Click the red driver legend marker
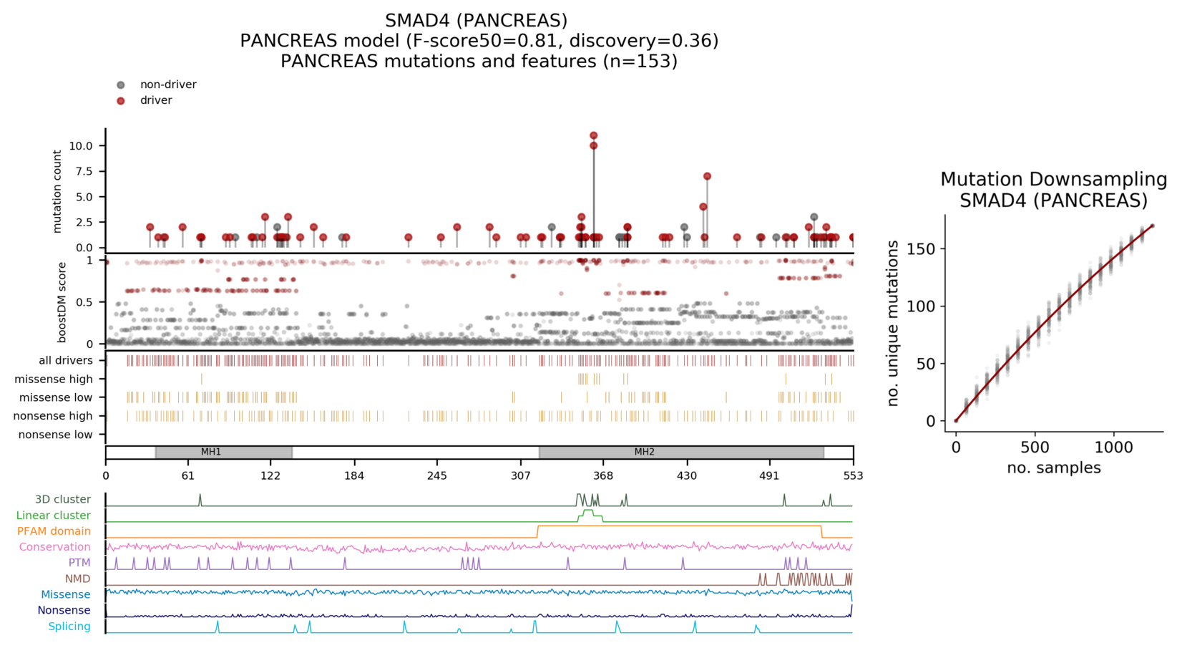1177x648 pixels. [121, 101]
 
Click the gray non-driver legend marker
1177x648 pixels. [121, 85]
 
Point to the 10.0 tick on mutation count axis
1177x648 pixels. [81, 146]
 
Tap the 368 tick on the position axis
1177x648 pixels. [603, 476]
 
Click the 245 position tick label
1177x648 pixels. [437, 476]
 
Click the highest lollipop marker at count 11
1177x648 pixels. [593, 135]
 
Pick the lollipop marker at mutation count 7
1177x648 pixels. [707, 176]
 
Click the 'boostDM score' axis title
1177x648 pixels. [62, 302]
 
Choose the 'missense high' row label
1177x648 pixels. [54, 379]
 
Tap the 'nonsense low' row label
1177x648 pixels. [55, 435]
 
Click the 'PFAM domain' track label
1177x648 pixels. [54, 531]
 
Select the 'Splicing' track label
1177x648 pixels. [69, 627]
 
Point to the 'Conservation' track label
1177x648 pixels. [54, 547]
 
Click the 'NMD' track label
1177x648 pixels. [77, 579]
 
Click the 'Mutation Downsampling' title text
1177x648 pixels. [1053, 180]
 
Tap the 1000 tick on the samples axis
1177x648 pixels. [1114, 448]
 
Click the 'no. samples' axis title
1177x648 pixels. [1053, 468]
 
